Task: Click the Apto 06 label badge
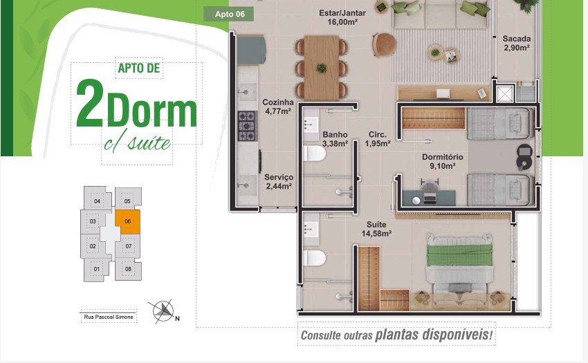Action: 228,15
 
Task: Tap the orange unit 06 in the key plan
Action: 127,222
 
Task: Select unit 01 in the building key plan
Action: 97,269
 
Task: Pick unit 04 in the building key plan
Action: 97,201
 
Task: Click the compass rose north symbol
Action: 163,311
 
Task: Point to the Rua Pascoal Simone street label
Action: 109,317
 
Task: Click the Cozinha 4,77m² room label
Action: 278,106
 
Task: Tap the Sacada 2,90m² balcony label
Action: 516,43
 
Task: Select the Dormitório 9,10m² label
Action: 443,161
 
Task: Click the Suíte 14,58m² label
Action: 376,229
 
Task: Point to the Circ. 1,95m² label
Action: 378,139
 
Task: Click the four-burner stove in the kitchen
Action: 247,126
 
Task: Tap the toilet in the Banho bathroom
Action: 314,153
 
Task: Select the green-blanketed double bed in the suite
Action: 459,262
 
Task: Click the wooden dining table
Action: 322,68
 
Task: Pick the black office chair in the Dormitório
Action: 524,156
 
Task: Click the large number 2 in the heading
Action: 90,102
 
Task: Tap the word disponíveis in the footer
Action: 434,334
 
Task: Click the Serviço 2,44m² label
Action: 279,181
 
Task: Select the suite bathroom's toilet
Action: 314,258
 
